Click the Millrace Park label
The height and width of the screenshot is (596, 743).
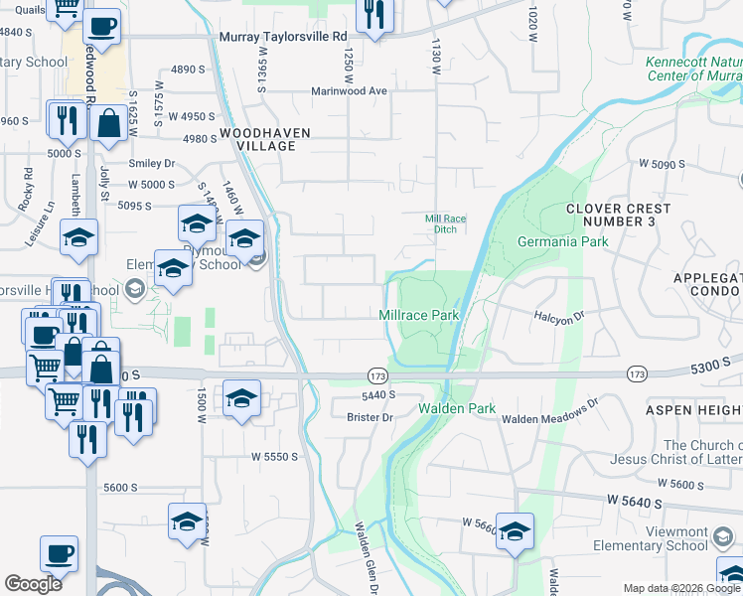419,315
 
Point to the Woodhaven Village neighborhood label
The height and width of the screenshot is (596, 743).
265,139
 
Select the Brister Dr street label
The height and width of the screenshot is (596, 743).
372,418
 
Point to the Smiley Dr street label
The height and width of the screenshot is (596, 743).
151,163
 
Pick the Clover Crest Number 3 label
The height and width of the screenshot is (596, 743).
618,215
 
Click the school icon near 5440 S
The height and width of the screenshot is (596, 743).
240,399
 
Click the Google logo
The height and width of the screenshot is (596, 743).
34,584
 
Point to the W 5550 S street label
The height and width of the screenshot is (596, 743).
275,456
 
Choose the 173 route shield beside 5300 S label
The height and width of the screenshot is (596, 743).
638,373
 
